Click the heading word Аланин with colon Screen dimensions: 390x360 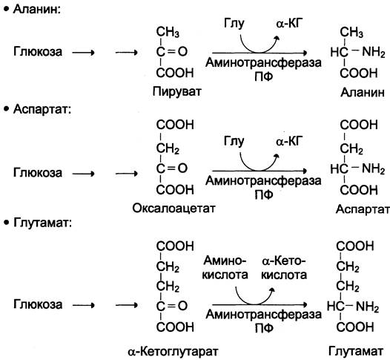[x=37, y=10]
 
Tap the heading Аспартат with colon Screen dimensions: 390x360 [x=42, y=109]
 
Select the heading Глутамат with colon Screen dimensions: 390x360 [x=43, y=223]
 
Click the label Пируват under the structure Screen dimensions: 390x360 [x=177, y=92]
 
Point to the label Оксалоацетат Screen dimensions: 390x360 [x=173, y=208]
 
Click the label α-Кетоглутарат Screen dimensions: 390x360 [x=173, y=351]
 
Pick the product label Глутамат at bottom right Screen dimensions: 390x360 [x=356, y=351]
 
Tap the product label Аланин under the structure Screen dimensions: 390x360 [x=363, y=92]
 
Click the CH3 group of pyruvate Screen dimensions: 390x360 [x=168, y=32]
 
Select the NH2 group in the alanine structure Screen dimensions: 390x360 [x=374, y=52]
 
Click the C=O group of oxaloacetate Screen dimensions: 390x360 [x=171, y=168]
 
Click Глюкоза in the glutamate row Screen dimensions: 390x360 [x=38, y=304]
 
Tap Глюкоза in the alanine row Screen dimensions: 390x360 [x=38, y=52]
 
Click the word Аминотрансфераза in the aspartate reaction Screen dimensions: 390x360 [x=263, y=180]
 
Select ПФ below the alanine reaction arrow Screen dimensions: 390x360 [x=264, y=76]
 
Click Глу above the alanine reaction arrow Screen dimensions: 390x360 [x=234, y=24]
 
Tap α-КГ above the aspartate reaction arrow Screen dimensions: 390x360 [x=289, y=142]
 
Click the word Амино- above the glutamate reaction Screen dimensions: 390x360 [x=225, y=261]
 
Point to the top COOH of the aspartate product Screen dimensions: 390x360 [x=359, y=125]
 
